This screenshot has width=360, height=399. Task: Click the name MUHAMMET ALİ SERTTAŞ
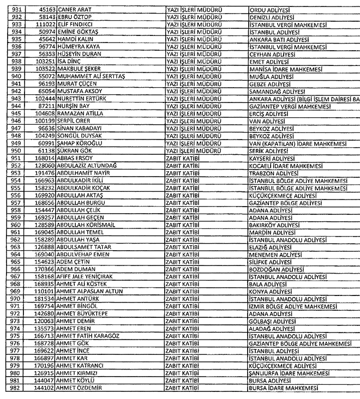pyautogui.click(x=91, y=76)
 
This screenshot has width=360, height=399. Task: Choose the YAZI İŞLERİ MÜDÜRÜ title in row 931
pyautogui.click(x=194, y=10)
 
